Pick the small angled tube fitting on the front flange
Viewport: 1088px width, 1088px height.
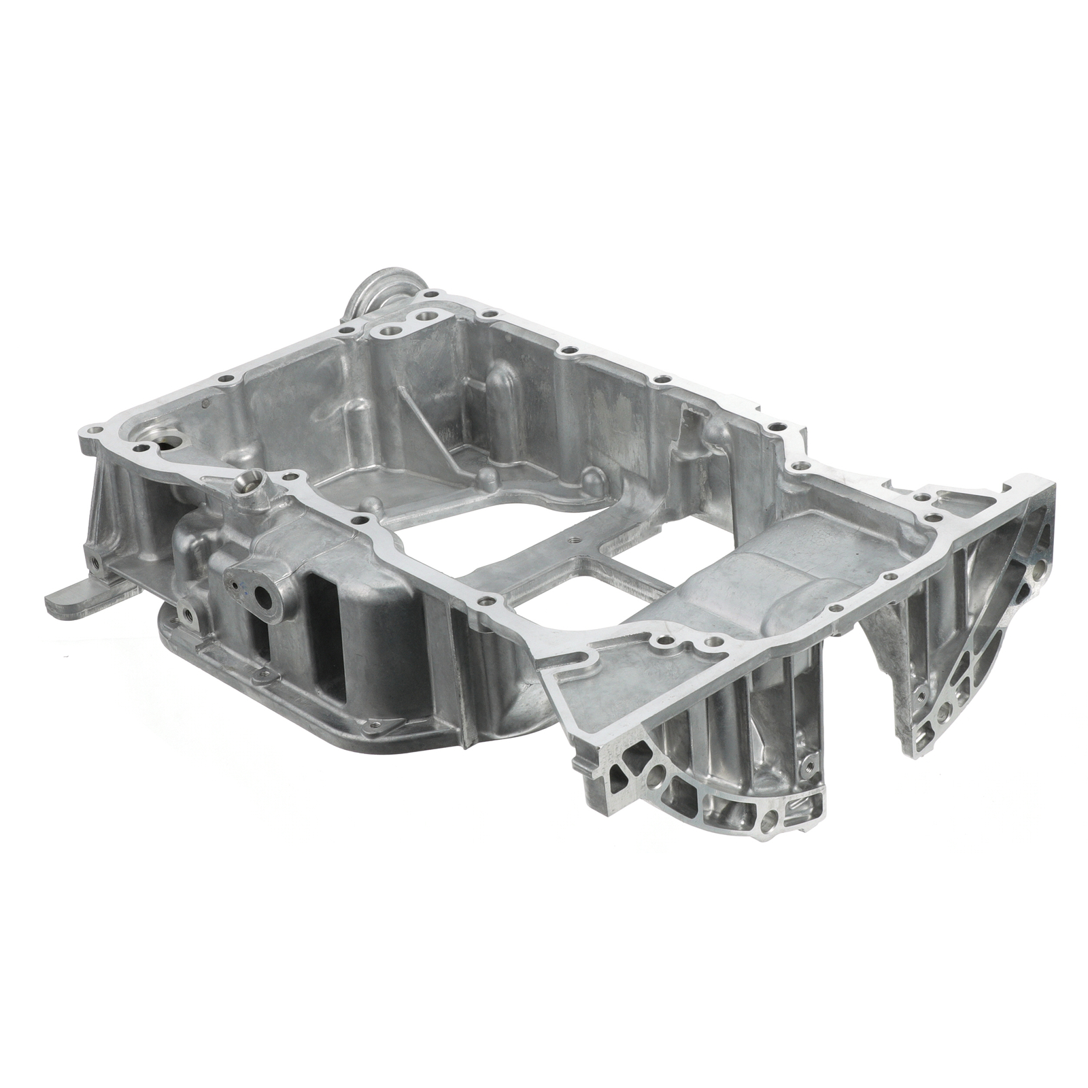pos(250,485)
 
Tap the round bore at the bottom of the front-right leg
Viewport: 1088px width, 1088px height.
pos(767,824)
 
